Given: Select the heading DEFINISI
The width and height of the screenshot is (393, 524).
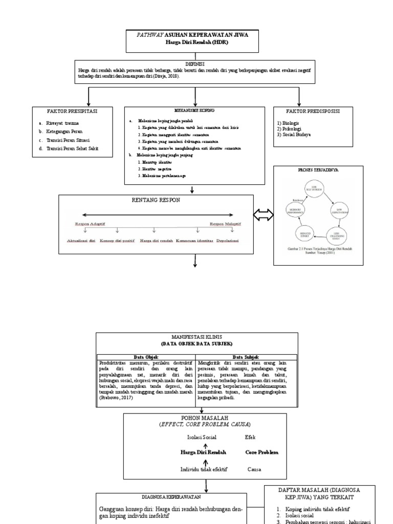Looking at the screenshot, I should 195,64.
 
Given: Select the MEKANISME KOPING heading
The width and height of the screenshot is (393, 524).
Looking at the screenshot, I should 194,110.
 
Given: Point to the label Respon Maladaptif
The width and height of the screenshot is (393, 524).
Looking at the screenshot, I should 226,224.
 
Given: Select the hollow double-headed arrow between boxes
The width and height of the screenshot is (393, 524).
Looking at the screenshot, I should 264,217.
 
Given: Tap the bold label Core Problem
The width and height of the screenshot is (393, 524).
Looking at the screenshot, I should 262,453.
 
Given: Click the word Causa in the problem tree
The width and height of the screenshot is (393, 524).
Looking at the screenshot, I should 255,469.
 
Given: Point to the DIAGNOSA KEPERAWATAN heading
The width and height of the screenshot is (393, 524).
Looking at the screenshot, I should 171,496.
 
